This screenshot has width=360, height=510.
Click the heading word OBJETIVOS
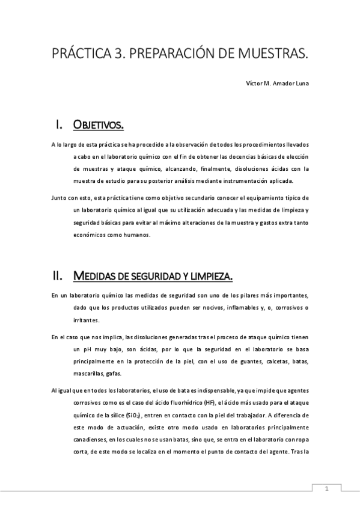tap(98, 125)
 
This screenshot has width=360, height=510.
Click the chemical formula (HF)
tap(209, 402)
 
